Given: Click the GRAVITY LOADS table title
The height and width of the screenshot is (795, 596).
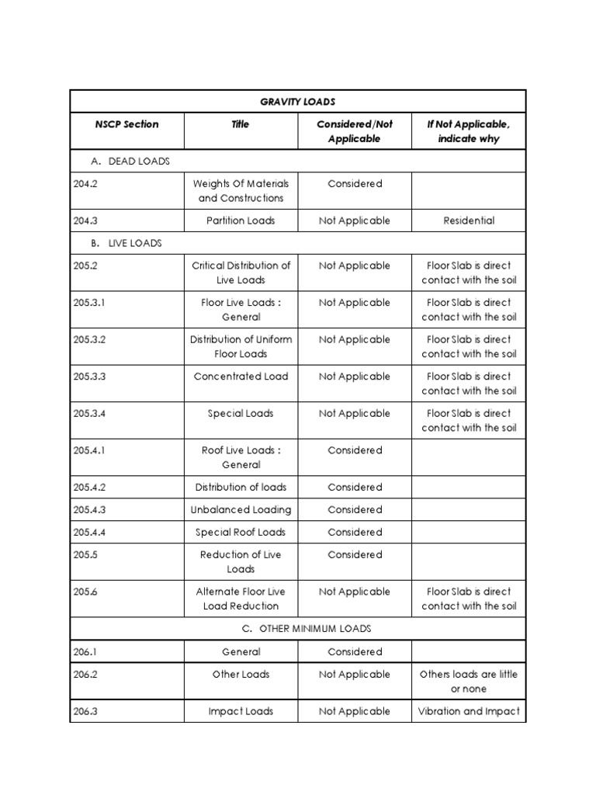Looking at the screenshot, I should pos(298,102).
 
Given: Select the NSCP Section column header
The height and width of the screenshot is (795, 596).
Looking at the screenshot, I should pos(126,124).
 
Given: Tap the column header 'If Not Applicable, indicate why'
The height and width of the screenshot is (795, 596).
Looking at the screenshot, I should pos(469,131).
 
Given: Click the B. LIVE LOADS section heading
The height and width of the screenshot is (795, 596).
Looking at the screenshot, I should pos(126,243).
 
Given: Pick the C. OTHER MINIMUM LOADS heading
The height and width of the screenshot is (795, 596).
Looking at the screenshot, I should pos(304,628).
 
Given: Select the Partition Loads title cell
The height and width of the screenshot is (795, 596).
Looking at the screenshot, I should pos(241,220).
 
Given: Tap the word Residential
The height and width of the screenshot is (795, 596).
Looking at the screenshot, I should pos(469,220).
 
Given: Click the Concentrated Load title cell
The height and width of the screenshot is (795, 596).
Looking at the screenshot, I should pos(241,377).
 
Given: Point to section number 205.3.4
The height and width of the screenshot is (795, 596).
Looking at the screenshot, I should pos(89,414).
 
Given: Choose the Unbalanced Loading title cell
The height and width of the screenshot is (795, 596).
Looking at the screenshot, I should pos(241,510).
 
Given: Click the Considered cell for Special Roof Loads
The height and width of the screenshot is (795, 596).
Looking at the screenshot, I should pos(355,533).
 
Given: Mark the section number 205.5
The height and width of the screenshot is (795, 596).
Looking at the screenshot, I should pos(83,555).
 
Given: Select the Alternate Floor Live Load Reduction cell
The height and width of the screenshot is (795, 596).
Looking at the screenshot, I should pos(241,599).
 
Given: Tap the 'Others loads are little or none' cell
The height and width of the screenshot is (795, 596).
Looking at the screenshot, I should pos(469,682).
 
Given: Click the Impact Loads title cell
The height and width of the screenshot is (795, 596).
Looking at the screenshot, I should pos(241,711).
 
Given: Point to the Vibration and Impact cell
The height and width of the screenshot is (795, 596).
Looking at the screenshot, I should pos(469,711).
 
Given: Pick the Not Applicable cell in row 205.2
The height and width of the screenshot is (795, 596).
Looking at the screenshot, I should pos(355,266).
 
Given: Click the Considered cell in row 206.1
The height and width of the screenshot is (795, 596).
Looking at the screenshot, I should pos(355,652).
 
